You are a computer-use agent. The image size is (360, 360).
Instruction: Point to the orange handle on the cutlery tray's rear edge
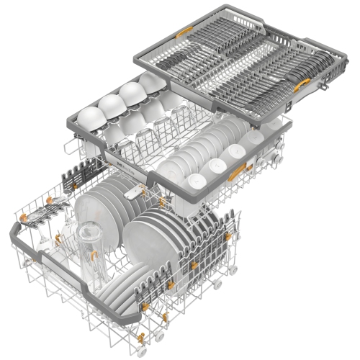coord(186,31)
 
